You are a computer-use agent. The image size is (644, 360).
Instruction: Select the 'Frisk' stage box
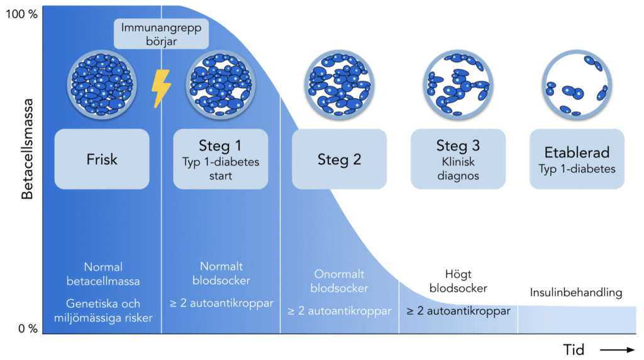[x=102, y=159]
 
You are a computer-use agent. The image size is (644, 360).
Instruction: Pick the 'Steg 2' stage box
[x=339, y=159]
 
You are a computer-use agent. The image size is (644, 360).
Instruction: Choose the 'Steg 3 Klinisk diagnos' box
[x=458, y=159]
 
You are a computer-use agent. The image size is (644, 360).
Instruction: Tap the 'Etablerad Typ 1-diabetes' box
[x=577, y=159]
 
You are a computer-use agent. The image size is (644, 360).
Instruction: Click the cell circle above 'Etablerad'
[x=577, y=84]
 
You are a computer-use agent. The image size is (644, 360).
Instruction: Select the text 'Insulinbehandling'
[x=576, y=293]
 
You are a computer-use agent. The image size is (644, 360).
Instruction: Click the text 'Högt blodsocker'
[x=458, y=281]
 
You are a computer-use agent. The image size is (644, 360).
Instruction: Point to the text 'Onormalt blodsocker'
[x=339, y=281]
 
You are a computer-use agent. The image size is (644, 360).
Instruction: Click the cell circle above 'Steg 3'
[x=457, y=84]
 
